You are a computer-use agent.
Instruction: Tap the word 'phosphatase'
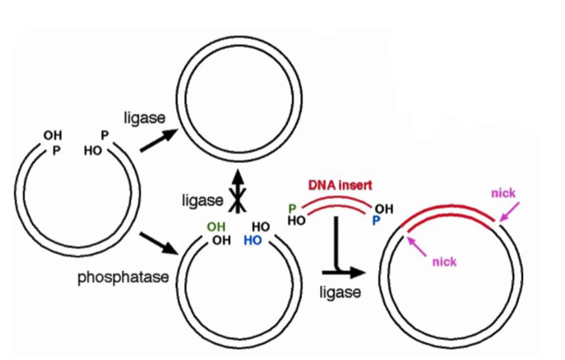point(123,278)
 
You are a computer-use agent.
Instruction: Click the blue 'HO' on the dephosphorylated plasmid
point(253,241)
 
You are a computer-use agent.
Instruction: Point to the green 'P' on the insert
point(292,208)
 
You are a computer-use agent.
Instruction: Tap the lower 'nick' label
point(444,262)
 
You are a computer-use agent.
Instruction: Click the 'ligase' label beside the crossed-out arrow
point(202,201)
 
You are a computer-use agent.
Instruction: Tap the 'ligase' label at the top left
point(144,118)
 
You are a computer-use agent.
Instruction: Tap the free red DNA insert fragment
point(336,201)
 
